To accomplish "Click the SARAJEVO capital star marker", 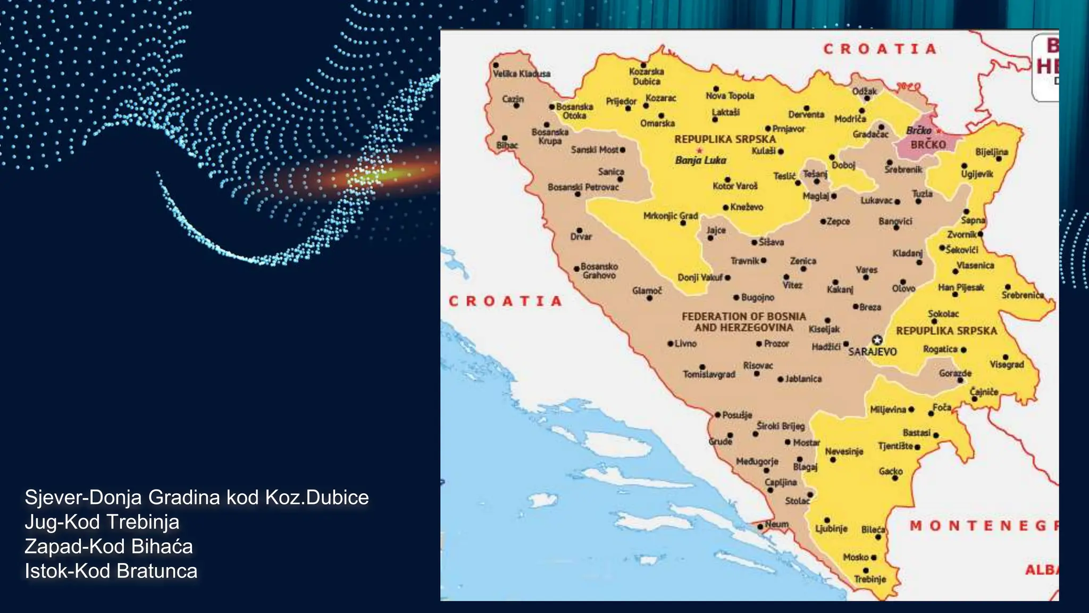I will (x=877, y=340).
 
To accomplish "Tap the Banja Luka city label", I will (x=700, y=160).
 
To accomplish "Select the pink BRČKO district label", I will (x=928, y=145).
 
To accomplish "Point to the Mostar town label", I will (x=806, y=443).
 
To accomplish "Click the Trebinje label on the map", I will (x=870, y=579).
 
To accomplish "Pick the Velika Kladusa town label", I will (x=521, y=74).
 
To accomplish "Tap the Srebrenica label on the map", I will (x=1023, y=295).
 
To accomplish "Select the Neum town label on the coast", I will (x=776, y=524).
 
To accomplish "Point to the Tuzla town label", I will (x=923, y=194).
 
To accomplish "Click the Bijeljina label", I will (x=992, y=152).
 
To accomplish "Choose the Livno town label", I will (x=685, y=344).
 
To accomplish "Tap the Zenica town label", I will (x=803, y=261).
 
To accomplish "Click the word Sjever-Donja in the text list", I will (x=83, y=498).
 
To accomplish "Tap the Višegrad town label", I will (x=1006, y=365).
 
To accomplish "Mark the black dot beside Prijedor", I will (x=628, y=109).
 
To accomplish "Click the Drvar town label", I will (x=581, y=237).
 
